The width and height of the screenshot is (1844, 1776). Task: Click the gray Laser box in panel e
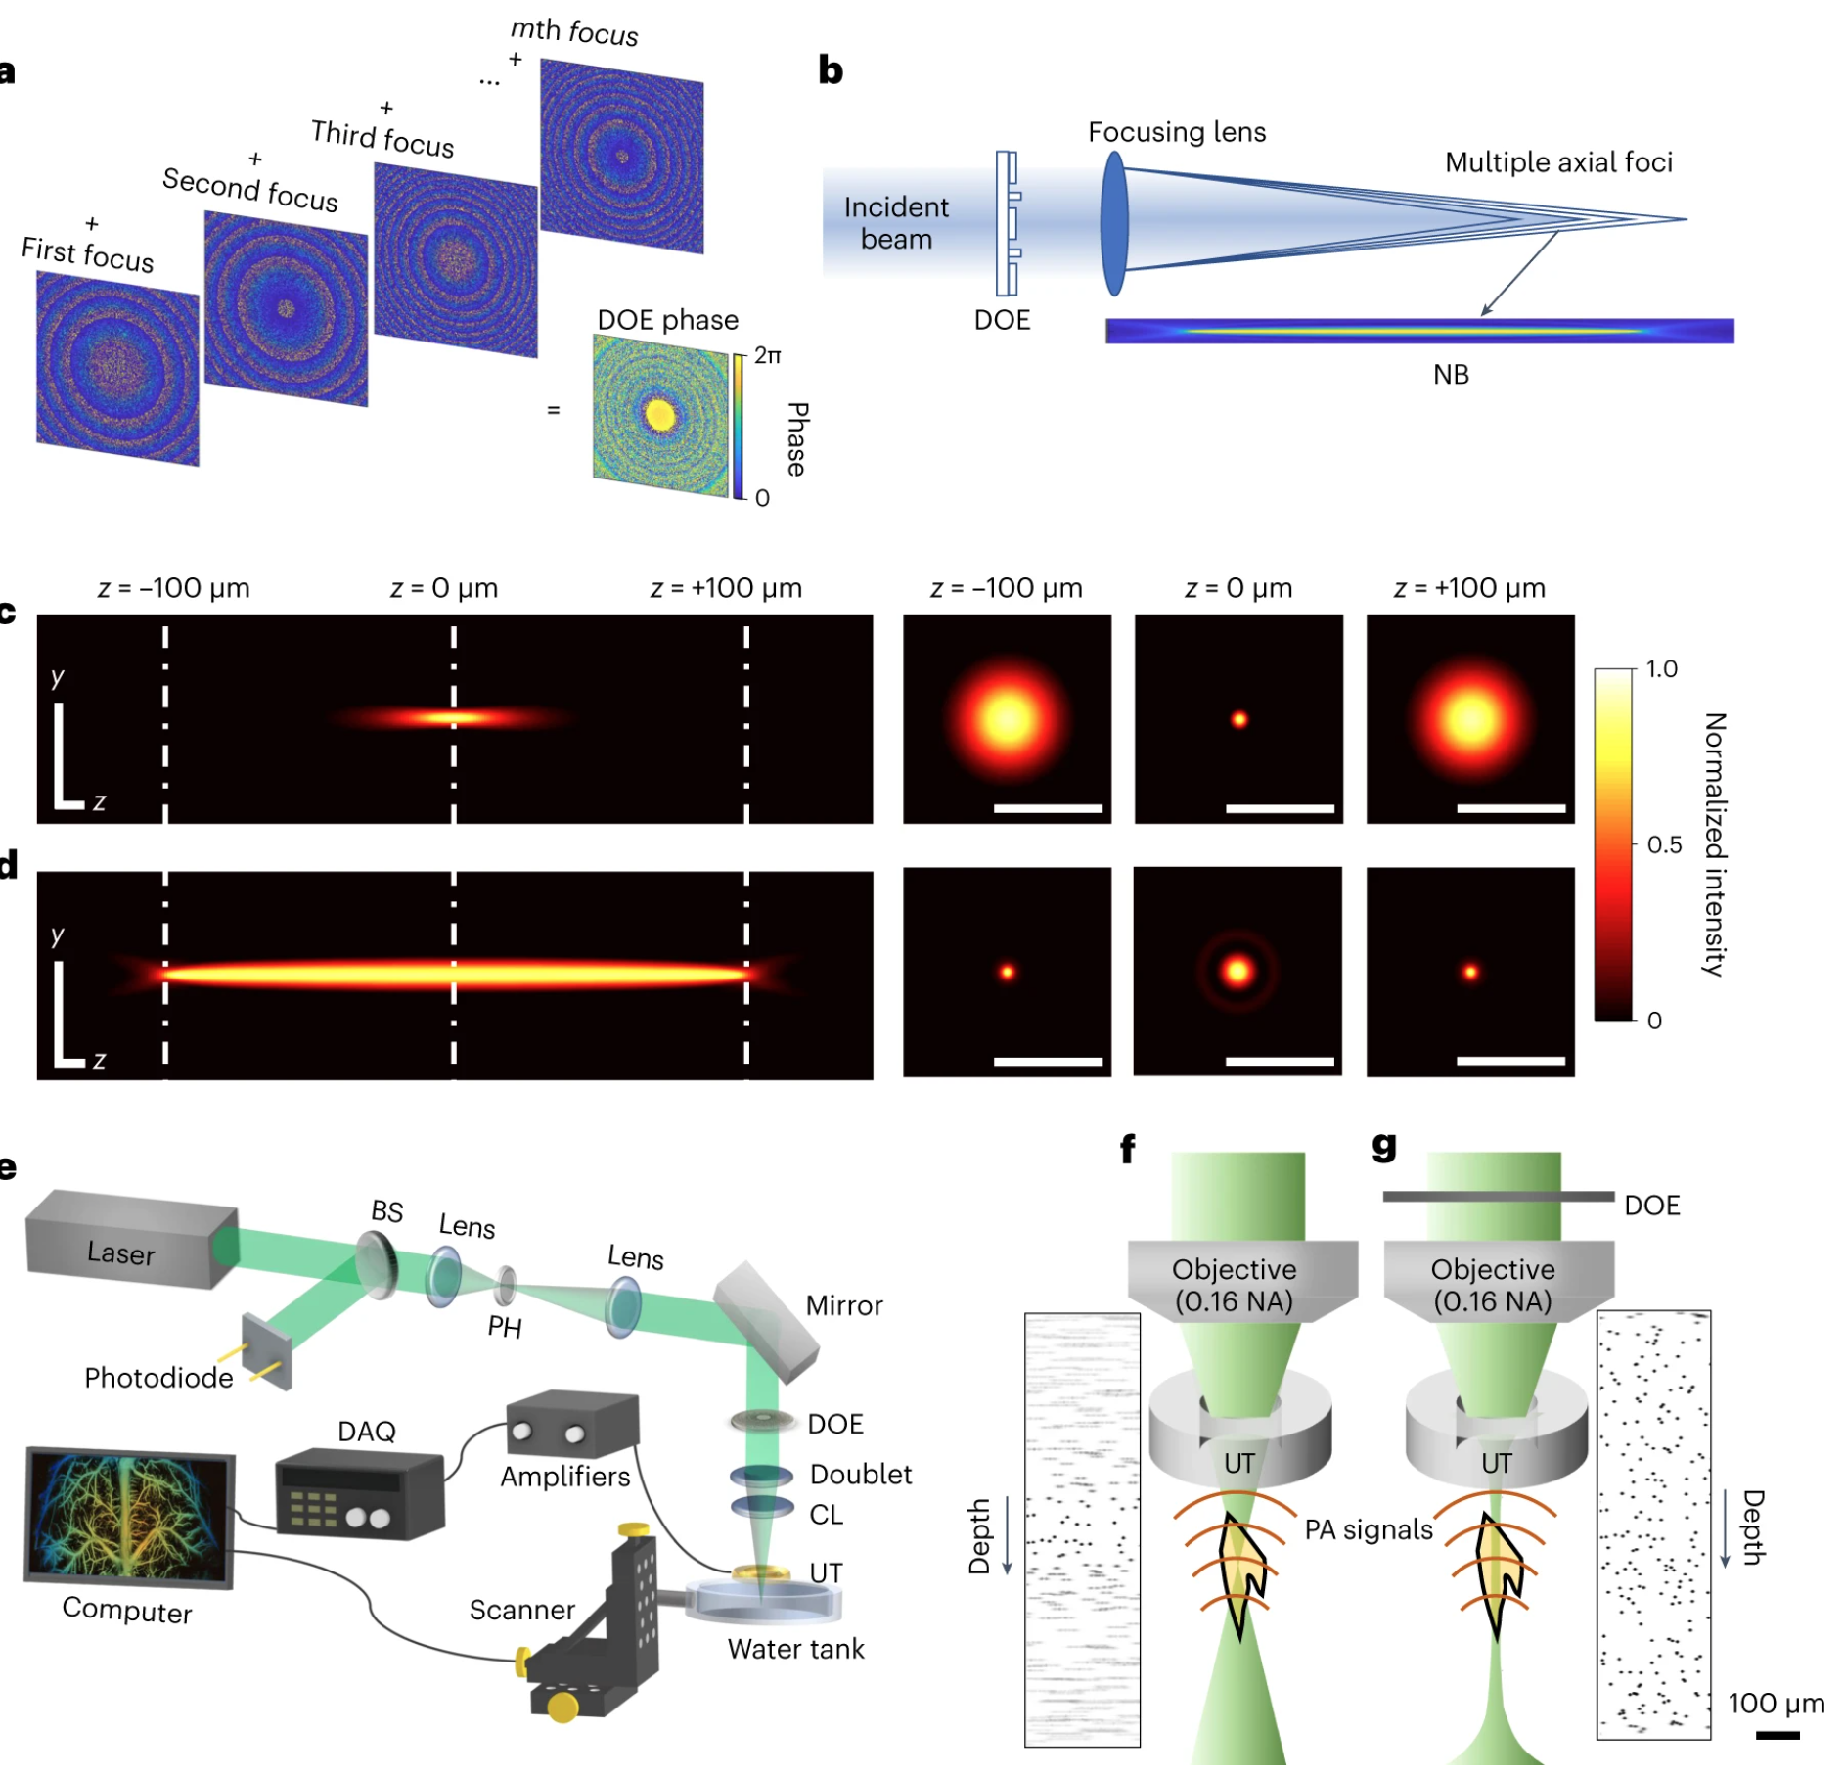click(x=127, y=1239)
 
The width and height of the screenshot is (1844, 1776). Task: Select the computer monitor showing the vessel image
click(x=129, y=1516)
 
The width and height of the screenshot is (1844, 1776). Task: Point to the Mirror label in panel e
click(x=843, y=1305)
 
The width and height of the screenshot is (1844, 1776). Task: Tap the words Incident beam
click(x=895, y=223)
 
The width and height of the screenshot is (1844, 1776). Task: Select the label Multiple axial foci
click(x=1557, y=162)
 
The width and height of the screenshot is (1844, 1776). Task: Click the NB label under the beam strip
click(x=1450, y=375)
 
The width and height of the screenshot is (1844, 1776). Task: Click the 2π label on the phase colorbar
click(x=767, y=356)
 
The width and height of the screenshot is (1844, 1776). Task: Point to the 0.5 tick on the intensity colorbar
click(x=1663, y=844)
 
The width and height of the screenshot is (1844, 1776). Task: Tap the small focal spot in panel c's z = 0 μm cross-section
click(x=1238, y=720)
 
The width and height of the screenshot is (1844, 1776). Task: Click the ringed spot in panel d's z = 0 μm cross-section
click(x=1237, y=972)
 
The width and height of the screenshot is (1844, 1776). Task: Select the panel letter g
click(x=1383, y=1144)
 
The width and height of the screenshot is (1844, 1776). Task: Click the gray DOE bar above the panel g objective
click(x=1497, y=1196)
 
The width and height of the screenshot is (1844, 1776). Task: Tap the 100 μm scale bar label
click(x=1776, y=1704)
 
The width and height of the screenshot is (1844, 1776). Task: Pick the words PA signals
click(x=1368, y=1529)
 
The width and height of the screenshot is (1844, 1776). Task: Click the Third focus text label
click(x=382, y=138)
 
